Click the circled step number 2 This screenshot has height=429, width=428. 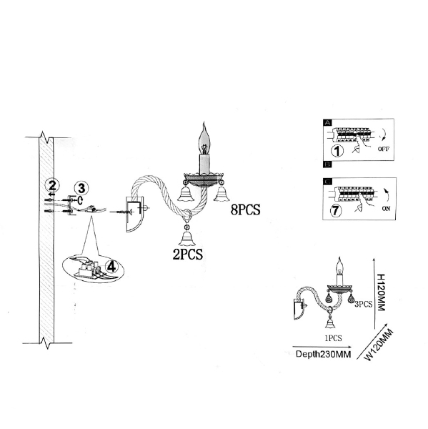click(x=52, y=186)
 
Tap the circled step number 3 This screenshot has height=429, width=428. click(x=81, y=189)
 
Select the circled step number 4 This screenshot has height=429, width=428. click(x=111, y=266)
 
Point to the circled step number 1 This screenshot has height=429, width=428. click(x=337, y=151)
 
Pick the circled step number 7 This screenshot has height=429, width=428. click(x=336, y=211)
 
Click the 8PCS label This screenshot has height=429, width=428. click(x=245, y=209)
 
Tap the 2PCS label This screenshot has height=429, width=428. click(x=188, y=255)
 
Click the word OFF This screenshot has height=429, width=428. click(x=383, y=149)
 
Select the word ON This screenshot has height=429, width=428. click(x=386, y=209)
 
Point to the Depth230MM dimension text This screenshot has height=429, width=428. click(x=323, y=354)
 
